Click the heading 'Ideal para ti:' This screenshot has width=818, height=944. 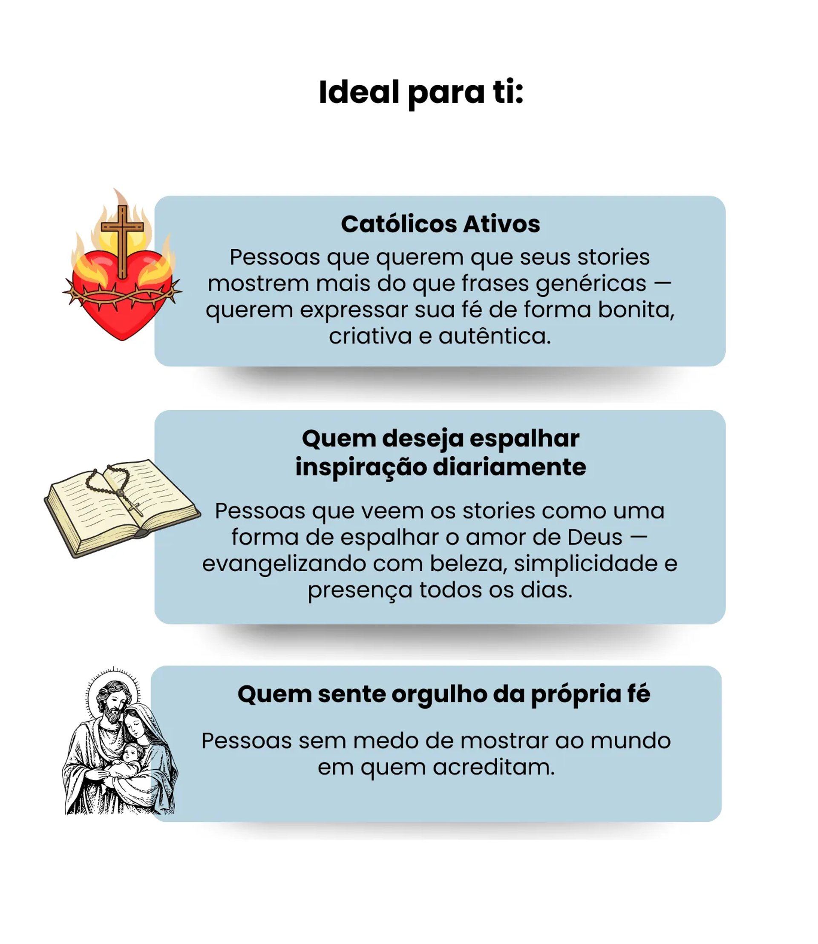421,93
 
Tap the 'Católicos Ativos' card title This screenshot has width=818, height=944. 441,224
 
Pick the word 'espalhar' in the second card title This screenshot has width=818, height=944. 524,439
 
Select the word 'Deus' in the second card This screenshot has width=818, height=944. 595,537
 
